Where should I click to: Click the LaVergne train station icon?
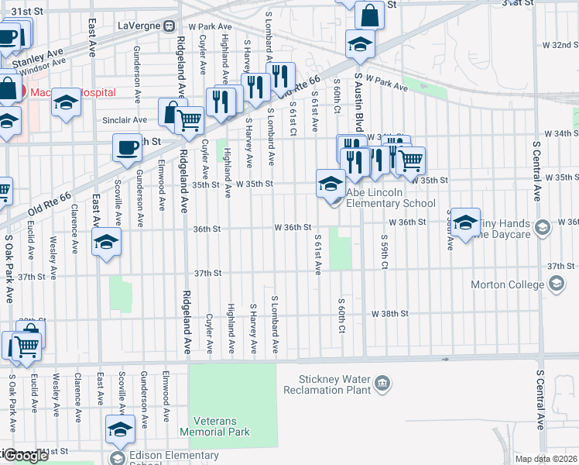pyautogui.click(x=168, y=26)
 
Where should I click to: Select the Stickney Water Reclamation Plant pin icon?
pyautogui.click(x=382, y=384)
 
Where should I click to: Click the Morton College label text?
pyautogui.click(x=507, y=284)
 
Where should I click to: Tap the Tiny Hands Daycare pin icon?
pyautogui.click(x=543, y=227)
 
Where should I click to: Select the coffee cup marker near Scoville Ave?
pyautogui.click(x=127, y=146)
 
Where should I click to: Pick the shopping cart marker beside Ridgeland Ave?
pyautogui.click(x=190, y=120)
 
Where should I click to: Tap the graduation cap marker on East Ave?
pyautogui.click(x=107, y=242)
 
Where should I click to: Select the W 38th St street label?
pyautogui.click(x=389, y=314)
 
